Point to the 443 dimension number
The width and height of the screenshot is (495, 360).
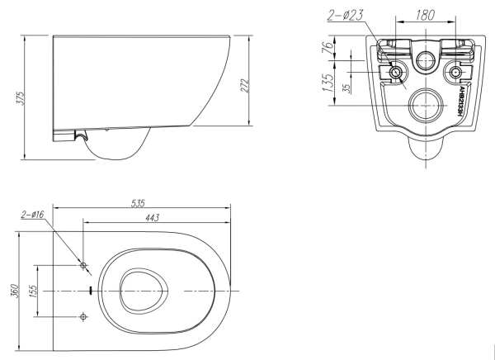(152, 216)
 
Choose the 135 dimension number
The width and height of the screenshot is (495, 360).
(328, 84)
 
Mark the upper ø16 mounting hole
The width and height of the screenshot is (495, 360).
(83, 265)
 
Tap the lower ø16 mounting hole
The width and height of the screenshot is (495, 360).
(83, 316)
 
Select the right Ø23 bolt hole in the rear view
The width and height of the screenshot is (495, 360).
(453, 73)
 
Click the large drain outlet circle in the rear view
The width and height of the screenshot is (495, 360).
(426, 105)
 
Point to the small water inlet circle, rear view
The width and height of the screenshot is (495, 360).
(426, 59)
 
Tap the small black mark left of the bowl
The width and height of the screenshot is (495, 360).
(90, 291)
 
